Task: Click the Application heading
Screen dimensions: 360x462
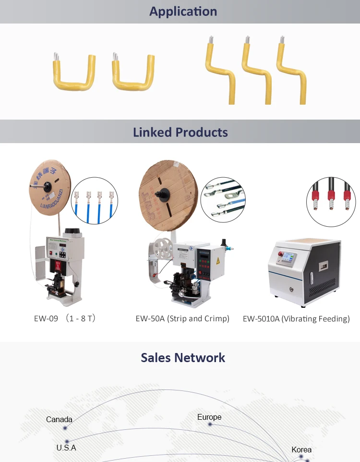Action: pos(183,12)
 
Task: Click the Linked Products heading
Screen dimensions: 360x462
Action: pos(180,132)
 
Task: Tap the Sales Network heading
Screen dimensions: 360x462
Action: pos(183,358)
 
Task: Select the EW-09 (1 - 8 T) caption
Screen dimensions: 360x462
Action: pos(65,318)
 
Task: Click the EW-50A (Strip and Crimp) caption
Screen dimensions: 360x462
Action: pos(182,318)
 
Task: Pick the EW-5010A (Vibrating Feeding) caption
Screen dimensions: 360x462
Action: pos(296,318)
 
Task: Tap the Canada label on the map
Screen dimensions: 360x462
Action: pos(59,419)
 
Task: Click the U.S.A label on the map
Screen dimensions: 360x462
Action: pos(66,448)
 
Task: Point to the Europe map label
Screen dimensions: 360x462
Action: pos(209,417)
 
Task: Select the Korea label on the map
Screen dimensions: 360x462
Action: pos(301,450)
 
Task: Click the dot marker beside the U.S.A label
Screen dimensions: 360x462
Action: pos(67,441)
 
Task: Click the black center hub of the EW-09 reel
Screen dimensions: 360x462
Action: pos(48,185)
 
